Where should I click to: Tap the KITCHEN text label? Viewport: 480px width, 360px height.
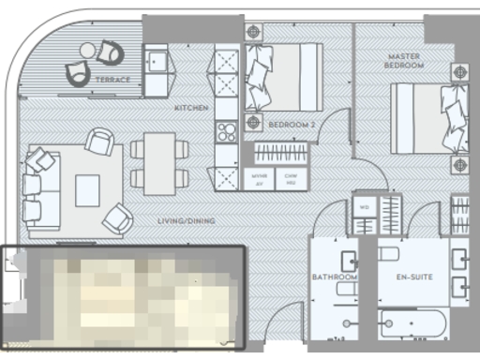[191, 109]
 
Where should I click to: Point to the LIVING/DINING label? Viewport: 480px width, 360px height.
[187, 221]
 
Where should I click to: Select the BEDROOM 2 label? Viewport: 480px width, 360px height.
[291, 125]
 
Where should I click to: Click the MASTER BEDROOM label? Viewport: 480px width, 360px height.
[405, 62]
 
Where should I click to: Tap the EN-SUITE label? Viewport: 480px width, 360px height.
[413, 277]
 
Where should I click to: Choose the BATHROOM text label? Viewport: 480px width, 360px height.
[335, 277]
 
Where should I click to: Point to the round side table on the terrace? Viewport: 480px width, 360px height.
[87, 50]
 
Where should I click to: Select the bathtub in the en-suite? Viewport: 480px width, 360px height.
[412, 324]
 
